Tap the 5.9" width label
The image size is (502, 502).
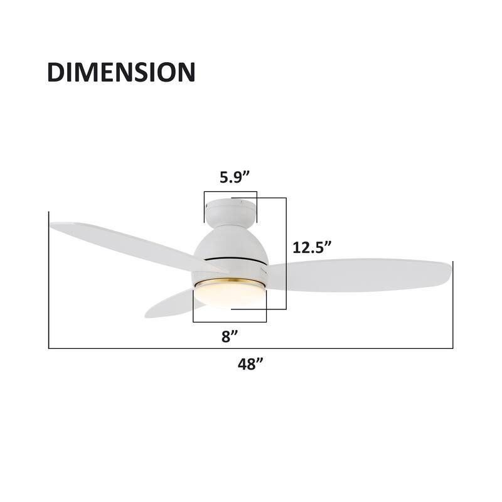coord(230,177)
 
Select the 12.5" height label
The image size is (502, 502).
coord(312,247)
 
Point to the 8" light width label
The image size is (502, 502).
coord(230,336)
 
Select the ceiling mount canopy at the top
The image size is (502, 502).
coord(230,211)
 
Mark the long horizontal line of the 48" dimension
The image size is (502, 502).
coord(251,348)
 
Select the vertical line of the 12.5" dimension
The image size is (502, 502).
coord(286,251)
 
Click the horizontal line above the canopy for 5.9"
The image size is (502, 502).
coord(230,192)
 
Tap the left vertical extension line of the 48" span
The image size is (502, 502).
coord(49,282)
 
